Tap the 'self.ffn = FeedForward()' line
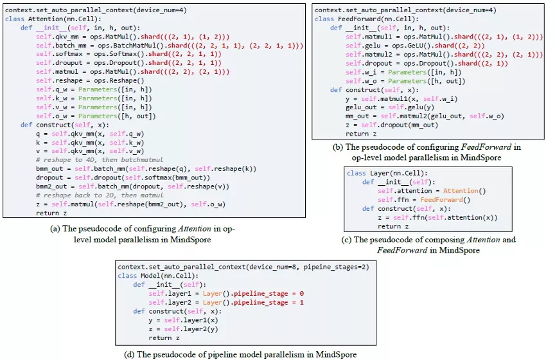[424, 200]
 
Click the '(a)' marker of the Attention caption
[53, 228]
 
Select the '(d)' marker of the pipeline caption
[129, 354]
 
